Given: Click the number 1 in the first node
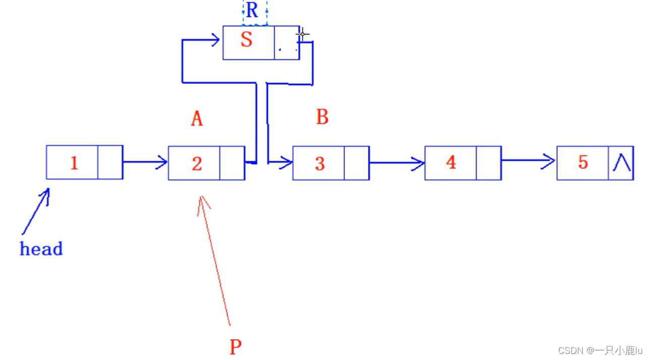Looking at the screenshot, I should [x=74, y=163].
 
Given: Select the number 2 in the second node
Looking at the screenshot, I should [x=197, y=164].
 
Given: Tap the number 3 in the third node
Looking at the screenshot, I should [x=319, y=164].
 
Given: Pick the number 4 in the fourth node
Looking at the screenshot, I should [x=451, y=163].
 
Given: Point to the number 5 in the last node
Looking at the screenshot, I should [x=583, y=163].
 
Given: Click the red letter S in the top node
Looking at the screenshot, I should [x=246, y=40].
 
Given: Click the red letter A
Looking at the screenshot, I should [x=197, y=119].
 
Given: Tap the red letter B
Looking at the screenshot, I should [x=322, y=117].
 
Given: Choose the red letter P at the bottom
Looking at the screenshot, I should [x=235, y=347].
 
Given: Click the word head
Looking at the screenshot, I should [x=41, y=249].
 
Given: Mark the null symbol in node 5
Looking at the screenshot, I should [x=621, y=163].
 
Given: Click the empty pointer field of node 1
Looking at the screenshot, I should [x=110, y=163].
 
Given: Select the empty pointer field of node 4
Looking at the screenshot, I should [x=489, y=163].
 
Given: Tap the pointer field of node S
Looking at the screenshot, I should [x=286, y=43].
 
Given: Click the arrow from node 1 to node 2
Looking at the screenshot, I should [x=145, y=162].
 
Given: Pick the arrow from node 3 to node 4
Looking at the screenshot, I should [x=397, y=163].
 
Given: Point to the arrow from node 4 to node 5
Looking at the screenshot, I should [x=528, y=161].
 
